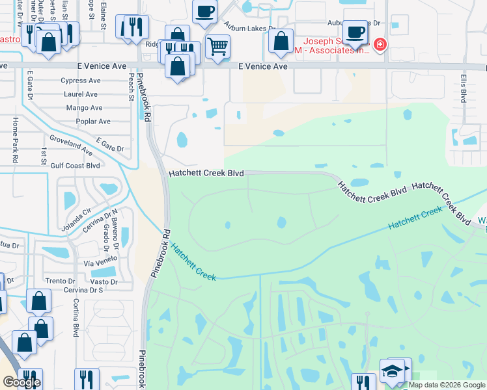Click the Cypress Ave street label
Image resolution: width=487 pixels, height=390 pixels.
click(81, 81)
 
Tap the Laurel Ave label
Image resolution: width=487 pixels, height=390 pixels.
click(81, 94)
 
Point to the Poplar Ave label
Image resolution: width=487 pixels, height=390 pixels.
click(93, 122)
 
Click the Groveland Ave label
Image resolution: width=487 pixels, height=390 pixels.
click(71, 144)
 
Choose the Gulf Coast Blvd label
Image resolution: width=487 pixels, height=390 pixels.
click(76, 166)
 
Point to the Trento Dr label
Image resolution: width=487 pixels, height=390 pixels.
click(61, 281)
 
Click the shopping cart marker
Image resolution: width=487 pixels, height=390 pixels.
click(217, 45)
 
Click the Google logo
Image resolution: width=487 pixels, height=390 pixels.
click(21, 382)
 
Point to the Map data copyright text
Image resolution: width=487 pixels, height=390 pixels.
click(447, 385)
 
